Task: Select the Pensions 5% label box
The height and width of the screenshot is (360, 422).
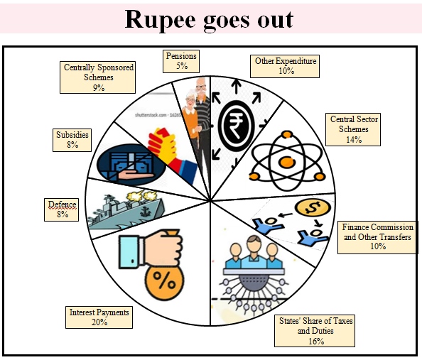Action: (180, 60)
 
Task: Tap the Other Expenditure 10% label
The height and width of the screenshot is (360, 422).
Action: (286, 66)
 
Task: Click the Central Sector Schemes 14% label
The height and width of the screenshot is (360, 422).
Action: (353, 129)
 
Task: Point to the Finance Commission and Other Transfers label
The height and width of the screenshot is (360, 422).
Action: (377, 236)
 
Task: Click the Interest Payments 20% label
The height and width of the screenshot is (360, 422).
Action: (99, 317)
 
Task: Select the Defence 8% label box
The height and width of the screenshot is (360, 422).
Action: (63, 209)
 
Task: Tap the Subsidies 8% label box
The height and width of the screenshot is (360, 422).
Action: (72, 139)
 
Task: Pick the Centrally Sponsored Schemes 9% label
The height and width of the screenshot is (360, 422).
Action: (98, 77)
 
